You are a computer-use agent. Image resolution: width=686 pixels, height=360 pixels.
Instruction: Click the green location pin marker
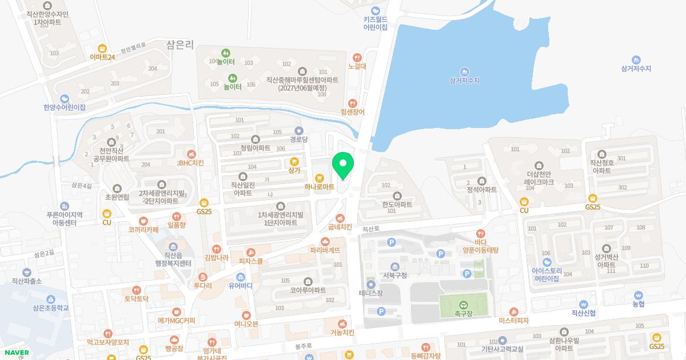pyautogui.click(x=343, y=165)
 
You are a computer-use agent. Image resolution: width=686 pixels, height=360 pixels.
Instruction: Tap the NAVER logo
pyautogui.click(x=16, y=353)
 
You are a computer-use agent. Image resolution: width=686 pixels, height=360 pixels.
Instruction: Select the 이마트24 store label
pyautogui.click(x=102, y=57)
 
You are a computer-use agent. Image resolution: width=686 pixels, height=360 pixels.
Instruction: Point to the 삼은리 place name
pyautogui.click(x=181, y=43)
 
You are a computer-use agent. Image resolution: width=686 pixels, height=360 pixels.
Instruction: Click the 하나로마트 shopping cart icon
pyautogui.click(x=320, y=178)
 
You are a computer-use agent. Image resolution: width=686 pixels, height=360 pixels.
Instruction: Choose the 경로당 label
pyautogui.click(x=298, y=139)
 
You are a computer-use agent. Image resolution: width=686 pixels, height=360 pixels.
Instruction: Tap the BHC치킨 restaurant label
pyautogui.click(x=191, y=163)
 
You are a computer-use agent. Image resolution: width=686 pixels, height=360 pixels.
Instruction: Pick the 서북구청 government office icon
pyautogui.click(x=395, y=267)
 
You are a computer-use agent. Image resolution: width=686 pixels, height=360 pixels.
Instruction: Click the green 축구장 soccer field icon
pyautogui.click(x=463, y=305)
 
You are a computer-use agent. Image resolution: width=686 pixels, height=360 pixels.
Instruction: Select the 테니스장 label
pyautogui.click(x=370, y=293)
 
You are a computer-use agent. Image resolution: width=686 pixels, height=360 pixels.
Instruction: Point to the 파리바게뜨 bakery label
pyautogui.click(x=325, y=250)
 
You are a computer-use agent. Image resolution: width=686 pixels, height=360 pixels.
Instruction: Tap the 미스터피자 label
pyautogui.click(x=514, y=321)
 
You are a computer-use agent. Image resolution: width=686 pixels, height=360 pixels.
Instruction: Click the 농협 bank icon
pyautogui.click(x=638, y=296)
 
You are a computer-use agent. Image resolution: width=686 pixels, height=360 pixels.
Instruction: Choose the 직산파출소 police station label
pyautogui.click(x=27, y=281)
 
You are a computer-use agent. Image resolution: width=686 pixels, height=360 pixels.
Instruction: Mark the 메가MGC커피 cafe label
pyautogui.click(x=177, y=321)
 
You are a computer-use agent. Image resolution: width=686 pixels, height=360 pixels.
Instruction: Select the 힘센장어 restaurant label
pyautogui.click(x=352, y=112)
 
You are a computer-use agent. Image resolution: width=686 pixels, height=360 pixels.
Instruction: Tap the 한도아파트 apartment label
pyautogui.click(x=397, y=204)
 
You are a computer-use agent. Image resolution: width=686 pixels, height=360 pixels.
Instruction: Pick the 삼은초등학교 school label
pyautogui.click(x=51, y=307)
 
